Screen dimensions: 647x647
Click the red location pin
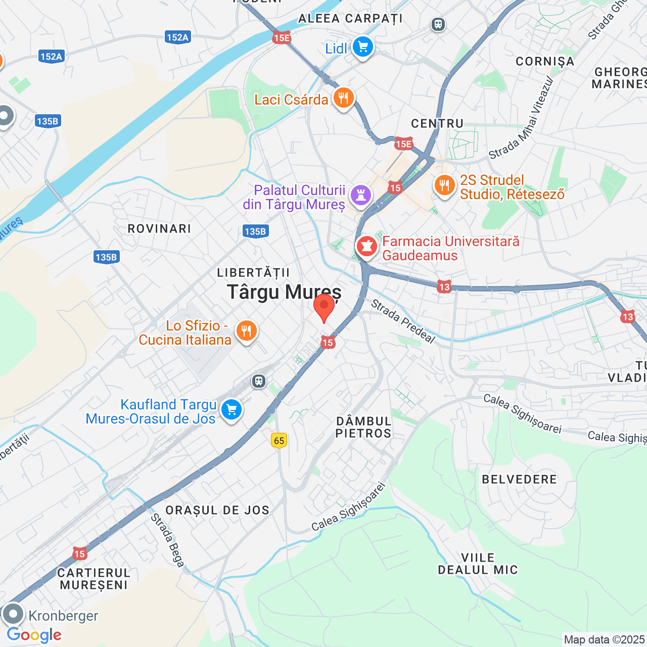tap(324, 307)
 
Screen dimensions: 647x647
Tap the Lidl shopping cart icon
tap(362, 47)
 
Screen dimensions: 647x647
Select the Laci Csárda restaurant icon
tap(343, 98)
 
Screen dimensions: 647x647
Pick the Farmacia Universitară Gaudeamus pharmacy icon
tap(367, 247)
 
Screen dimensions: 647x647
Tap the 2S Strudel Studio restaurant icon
tap(444, 186)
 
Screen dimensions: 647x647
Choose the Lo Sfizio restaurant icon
tap(246, 331)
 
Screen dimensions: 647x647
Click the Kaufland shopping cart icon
tap(232, 409)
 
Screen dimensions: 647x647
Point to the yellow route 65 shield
tap(279, 440)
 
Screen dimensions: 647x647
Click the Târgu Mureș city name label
tap(284, 292)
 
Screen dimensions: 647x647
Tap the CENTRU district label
tap(437, 124)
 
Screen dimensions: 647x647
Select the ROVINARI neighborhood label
tap(159, 228)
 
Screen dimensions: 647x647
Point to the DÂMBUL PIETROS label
tap(363, 427)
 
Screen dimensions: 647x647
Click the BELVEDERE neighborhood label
tap(519, 479)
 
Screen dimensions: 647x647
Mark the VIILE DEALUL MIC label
tap(478, 564)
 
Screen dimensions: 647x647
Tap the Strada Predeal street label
tap(403, 321)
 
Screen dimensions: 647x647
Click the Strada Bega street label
tap(167, 540)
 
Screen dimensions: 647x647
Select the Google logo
tap(34, 635)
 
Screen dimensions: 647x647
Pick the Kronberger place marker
tap(13, 615)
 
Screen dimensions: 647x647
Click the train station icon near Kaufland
tap(259, 381)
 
